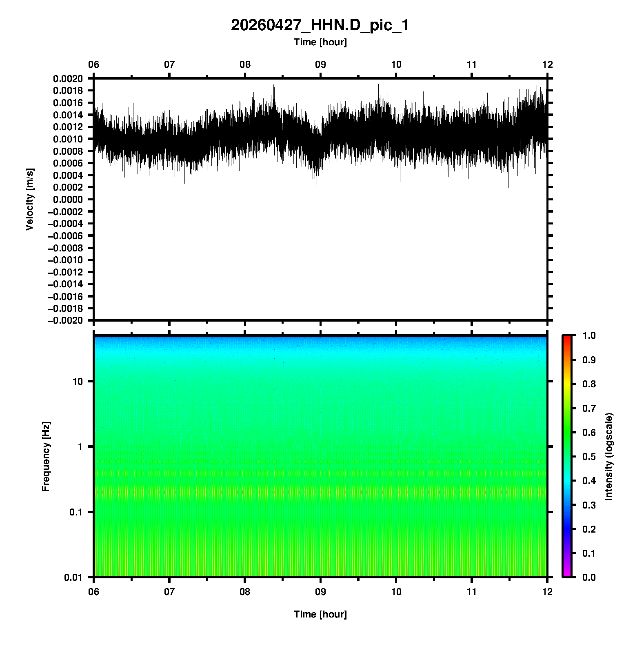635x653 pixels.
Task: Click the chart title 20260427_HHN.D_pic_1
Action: (x=320, y=25)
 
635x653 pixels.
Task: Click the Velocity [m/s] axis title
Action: (x=29, y=199)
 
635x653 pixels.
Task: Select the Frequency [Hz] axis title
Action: (x=46, y=456)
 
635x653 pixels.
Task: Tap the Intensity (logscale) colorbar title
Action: (x=609, y=456)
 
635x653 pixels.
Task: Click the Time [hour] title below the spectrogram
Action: (x=320, y=614)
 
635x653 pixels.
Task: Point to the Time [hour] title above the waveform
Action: (x=320, y=42)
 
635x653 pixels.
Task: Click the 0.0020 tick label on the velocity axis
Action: (x=68, y=79)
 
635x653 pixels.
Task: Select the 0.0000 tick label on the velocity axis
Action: (x=68, y=200)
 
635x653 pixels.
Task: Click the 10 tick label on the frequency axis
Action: (x=78, y=382)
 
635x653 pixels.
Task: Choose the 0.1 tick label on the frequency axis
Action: (x=76, y=512)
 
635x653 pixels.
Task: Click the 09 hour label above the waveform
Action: (x=320, y=64)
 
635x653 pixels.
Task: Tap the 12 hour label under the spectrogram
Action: (x=547, y=591)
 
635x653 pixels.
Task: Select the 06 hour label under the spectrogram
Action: (x=94, y=591)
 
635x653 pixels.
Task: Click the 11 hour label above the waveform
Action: (x=472, y=64)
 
